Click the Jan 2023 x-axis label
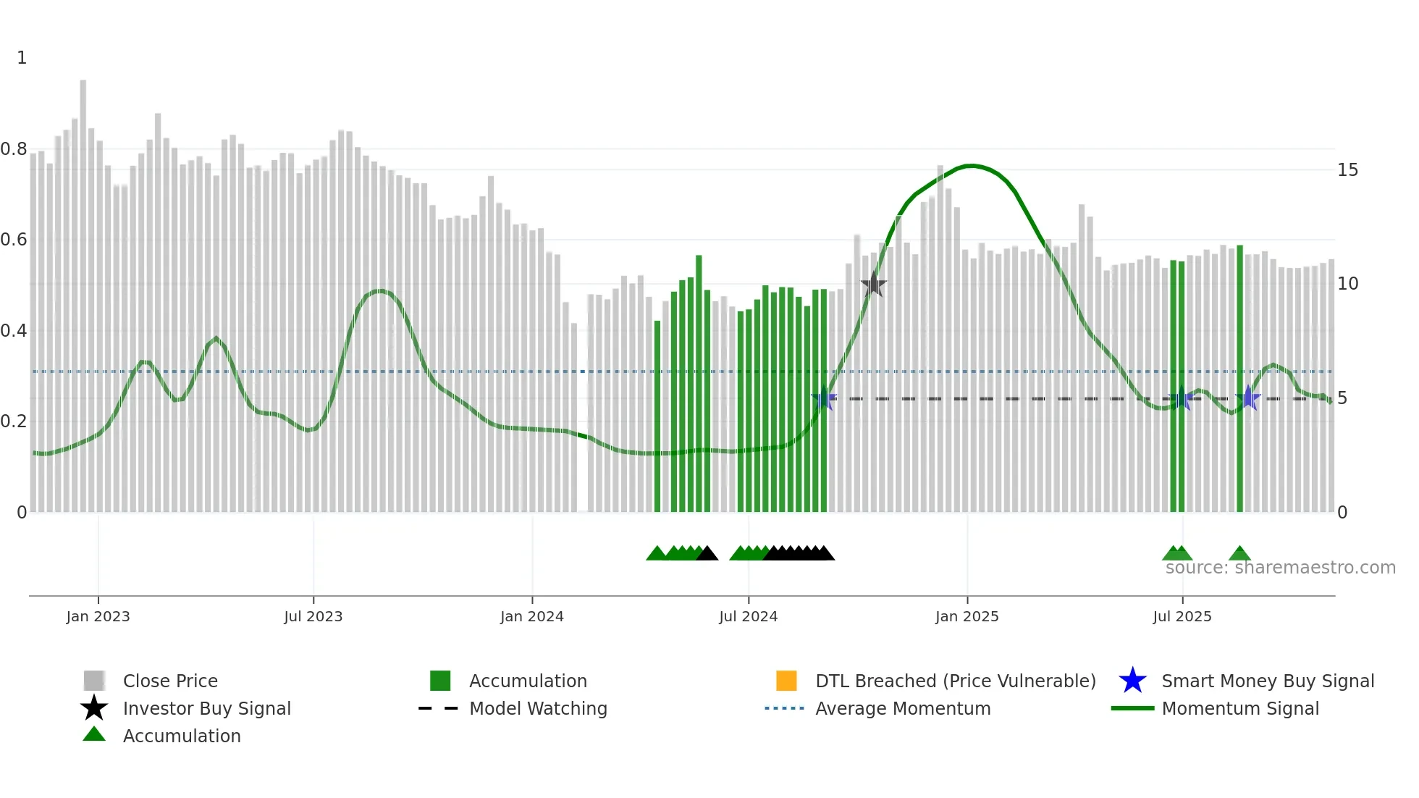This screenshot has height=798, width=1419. pos(98,616)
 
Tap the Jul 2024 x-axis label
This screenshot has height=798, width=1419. pos(748,616)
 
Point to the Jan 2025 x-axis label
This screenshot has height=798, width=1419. pos(967,616)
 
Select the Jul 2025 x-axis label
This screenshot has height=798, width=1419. pos(1182,616)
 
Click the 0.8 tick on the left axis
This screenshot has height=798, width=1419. pos(14,149)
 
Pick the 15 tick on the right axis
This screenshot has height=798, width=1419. pos(1347,170)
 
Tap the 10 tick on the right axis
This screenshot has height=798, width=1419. pos(1347,284)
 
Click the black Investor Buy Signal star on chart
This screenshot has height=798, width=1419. pos(874,285)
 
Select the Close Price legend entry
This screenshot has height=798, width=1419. pos(170,681)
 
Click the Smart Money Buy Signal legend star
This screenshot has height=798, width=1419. pos(1132,681)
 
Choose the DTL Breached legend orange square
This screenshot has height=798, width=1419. pos(786,681)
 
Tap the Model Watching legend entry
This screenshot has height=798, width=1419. pos(538,708)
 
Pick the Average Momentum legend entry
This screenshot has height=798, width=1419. pos(903,708)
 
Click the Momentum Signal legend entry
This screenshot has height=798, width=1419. pos(1240,708)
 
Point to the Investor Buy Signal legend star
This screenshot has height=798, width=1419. pos(94,708)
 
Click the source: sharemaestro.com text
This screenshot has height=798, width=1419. pos(1280,568)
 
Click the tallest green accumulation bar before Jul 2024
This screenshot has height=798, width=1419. pos(699,384)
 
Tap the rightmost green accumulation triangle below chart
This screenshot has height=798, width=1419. pos(1239,554)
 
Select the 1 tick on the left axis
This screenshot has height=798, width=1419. pos(22,58)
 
